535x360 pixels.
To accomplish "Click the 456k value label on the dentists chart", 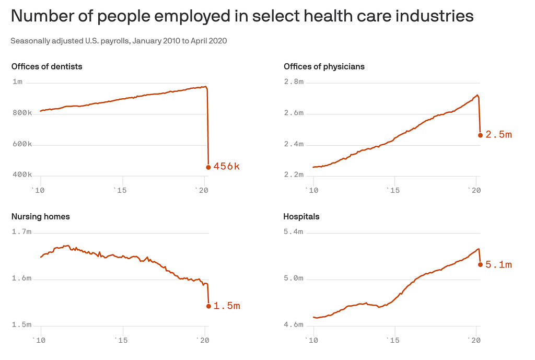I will pyautogui.click(x=226, y=167).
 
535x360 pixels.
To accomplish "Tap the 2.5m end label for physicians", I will pyautogui.click(x=498, y=135).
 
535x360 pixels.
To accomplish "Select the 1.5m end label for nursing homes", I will pyautogui.click(x=227, y=306).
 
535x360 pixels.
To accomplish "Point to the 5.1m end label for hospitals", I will pyautogui.click(x=498, y=264).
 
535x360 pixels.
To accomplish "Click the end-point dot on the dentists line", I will pyautogui.click(x=208, y=167).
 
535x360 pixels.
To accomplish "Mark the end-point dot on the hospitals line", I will pyautogui.click(x=480, y=264).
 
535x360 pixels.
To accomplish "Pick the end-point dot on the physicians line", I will pyautogui.click(x=480, y=135).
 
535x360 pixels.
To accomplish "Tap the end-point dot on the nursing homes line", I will pyautogui.click(x=208, y=306).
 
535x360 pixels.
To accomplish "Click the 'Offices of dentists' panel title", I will pyautogui.click(x=46, y=66).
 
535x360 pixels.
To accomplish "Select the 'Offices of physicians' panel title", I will pyautogui.click(x=324, y=66).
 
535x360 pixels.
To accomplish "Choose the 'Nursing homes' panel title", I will pyautogui.click(x=41, y=216).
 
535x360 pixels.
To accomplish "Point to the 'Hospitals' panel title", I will pyautogui.click(x=301, y=216).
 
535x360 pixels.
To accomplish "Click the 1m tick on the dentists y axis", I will pyautogui.click(x=18, y=82).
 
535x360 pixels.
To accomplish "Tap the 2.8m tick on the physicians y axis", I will pyautogui.click(x=294, y=82).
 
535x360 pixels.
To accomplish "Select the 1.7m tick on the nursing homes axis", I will pyautogui.click(x=21, y=231).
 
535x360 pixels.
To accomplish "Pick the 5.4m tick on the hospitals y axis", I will pyautogui.click(x=294, y=231).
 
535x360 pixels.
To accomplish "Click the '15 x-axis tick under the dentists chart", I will pyautogui.click(x=121, y=191).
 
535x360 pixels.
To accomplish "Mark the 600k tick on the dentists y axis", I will pyautogui.click(x=22, y=144).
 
